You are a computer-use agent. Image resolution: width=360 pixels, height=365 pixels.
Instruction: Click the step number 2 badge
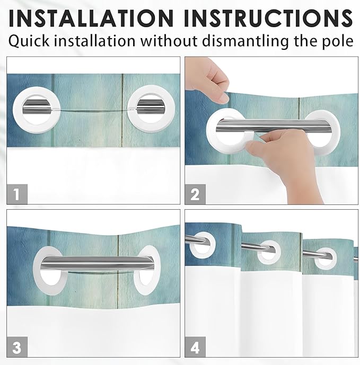(195, 194)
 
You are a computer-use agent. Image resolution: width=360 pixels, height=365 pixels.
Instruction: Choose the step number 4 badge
(195, 348)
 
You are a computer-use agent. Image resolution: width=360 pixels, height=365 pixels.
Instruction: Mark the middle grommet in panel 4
(269, 251)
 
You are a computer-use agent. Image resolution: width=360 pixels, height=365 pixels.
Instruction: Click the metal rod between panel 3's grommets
(95, 263)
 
